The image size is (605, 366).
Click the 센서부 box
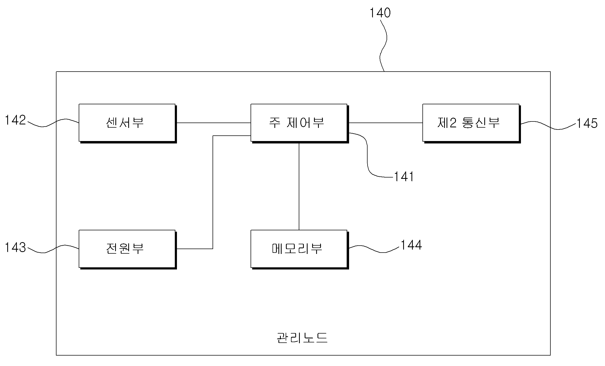(127, 123)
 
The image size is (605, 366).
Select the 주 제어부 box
(299, 123)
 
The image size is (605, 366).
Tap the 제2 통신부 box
(471, 123)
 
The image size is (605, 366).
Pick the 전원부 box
(127, 249)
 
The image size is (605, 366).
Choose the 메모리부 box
(299, 249)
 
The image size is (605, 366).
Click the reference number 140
(380, 13)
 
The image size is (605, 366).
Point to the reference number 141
(404, 177)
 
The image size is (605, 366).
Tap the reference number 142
(16, 120)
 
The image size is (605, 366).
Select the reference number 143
(16, 247)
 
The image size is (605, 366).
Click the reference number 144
(411, 245)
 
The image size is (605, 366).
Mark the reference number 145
(587, 123)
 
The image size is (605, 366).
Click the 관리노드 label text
(302, 338)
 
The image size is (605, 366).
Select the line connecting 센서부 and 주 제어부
(214, 123)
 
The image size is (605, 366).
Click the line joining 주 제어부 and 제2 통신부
(385, 123)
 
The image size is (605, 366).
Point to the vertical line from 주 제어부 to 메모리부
(299, 186)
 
